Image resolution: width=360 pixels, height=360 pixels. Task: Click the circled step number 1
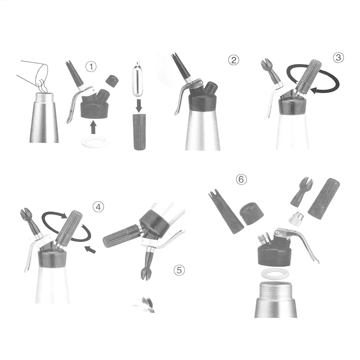[x=91, y=67]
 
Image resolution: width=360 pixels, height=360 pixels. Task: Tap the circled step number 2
[x=234, y=60]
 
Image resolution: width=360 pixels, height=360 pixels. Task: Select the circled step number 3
[x=338, y=58]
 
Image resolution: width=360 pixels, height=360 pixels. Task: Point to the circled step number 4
[x=98, y=207]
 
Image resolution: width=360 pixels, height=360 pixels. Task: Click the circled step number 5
[x=179, y=270]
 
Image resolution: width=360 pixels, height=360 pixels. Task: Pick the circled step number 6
[x=241, y=179]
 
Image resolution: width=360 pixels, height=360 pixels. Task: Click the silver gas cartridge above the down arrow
[x=138, y=78]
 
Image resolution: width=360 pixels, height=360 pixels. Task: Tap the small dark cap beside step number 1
[x=112, y=80]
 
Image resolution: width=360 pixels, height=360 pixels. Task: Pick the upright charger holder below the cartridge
[x=139, y=132]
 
